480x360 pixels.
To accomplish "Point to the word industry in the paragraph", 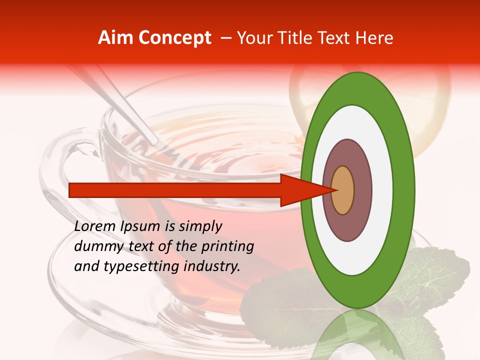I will (212, 266).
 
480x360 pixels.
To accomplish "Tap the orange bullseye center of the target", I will (343, 190).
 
